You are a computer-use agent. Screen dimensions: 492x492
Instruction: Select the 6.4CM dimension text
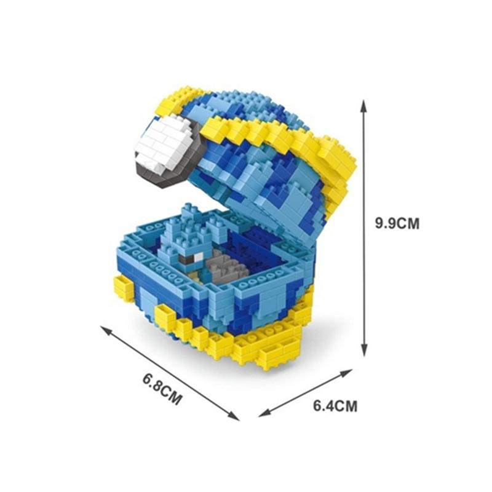tap(335, 406)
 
